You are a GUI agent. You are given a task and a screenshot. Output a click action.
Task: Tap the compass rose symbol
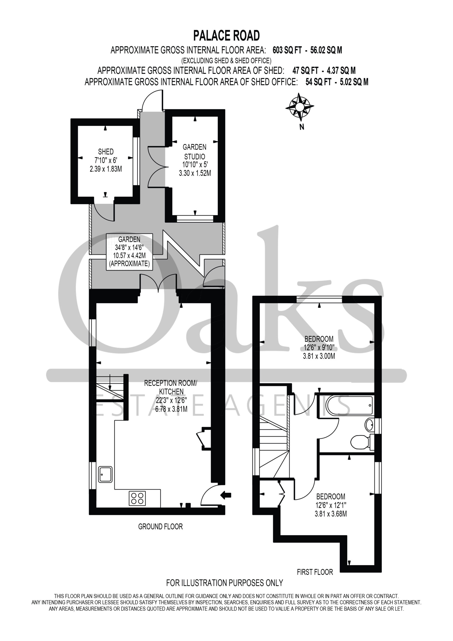300,107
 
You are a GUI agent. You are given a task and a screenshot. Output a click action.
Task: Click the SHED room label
106,151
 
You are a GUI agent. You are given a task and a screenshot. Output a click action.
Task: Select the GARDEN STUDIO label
194,151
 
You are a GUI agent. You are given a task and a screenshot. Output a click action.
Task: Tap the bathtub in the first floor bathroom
349,405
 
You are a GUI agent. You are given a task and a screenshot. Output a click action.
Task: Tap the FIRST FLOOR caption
315,572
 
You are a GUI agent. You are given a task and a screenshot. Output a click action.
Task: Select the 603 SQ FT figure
287,50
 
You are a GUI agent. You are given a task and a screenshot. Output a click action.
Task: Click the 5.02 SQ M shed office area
354,82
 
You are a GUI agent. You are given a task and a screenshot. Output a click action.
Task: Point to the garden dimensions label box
129,252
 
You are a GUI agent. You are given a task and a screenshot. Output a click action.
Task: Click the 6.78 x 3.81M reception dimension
171,409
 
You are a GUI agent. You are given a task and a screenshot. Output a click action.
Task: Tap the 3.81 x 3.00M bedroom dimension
319,356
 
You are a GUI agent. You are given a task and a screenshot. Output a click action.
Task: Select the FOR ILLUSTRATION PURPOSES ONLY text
225,583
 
